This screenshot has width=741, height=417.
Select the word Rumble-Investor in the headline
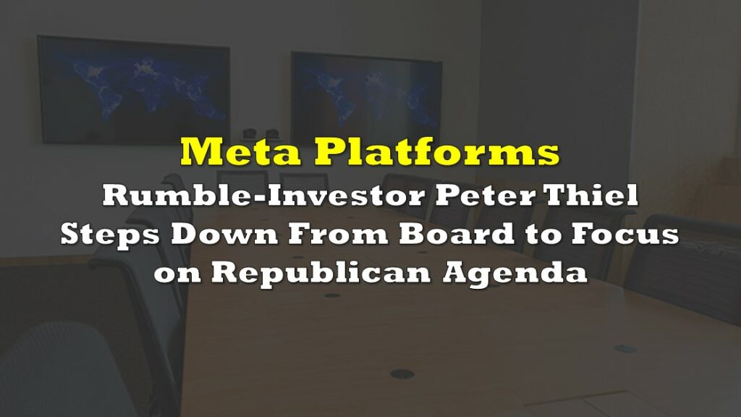[x=263, y=195]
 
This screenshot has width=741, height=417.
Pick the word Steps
[x=111, y=235]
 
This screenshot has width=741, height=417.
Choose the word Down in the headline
[x=224, y=234]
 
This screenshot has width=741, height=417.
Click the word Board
[x=457, y=234]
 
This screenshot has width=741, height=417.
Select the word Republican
[x=321, y=274]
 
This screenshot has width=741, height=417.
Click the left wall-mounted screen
[x=134, y=90]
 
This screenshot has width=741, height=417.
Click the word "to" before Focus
[x=542, y=235]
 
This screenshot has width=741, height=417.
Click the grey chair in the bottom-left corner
[x=56, y=368]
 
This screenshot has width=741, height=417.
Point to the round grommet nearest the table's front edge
[x=402, y=374]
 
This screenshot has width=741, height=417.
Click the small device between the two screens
[x=259, y=134]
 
